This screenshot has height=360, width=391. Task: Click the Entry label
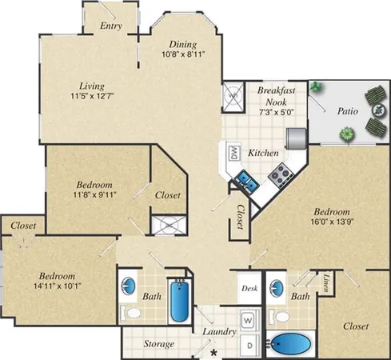coord(110,26)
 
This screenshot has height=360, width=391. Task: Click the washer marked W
coord(249,320)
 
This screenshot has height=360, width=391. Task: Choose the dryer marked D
coord(249,345)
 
